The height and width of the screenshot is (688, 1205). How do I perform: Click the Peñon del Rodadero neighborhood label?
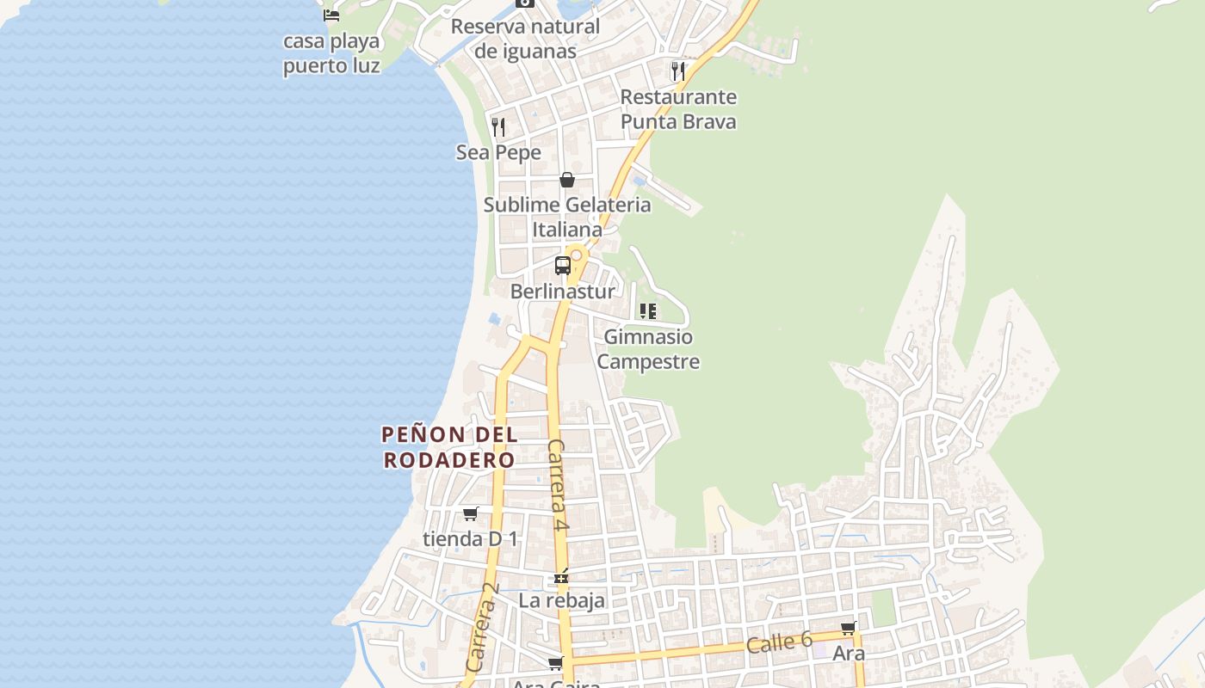[449, 447]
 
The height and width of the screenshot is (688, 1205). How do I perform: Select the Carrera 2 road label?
[483, 628]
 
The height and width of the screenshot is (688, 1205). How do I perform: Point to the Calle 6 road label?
[779, 642]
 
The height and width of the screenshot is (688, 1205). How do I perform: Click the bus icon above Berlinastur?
[563, 266]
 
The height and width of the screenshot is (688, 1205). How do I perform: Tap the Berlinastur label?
[563, 292]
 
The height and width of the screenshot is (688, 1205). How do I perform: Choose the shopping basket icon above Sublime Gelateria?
[567, 180]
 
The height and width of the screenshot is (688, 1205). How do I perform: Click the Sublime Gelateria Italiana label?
[567, 218]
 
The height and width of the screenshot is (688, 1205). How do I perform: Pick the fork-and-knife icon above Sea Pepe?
[498, 127]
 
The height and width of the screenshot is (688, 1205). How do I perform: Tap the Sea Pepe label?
[498, 153]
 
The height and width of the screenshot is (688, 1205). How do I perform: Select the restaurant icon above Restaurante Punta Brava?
[678, 71]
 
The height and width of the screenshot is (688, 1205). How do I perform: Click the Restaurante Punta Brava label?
[678, 109]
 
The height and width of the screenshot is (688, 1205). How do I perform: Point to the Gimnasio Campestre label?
[648, 349]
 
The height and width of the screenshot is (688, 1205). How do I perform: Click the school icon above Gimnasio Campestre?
[648, 310]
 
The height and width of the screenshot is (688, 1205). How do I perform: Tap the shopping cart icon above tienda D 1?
[470, 513]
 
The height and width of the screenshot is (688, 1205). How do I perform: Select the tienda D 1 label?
[470, 539]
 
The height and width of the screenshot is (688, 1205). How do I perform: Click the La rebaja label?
[561, 600]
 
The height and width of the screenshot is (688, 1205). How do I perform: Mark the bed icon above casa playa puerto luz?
[331, 15]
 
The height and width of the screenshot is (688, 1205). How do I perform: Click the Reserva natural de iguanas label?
[525, 39]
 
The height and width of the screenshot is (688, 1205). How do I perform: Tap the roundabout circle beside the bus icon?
[577, 255]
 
